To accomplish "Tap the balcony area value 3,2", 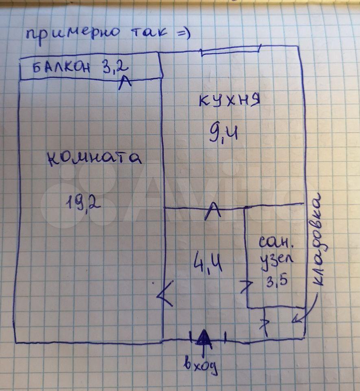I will (x=110, y=66).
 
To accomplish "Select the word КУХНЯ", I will (x=229, y=101).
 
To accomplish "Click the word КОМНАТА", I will (x=95, y=158).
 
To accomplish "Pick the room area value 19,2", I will (x=83, y=201).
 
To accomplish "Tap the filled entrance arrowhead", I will (x=203, y=338).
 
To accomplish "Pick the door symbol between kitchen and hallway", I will (x=212, y=212).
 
